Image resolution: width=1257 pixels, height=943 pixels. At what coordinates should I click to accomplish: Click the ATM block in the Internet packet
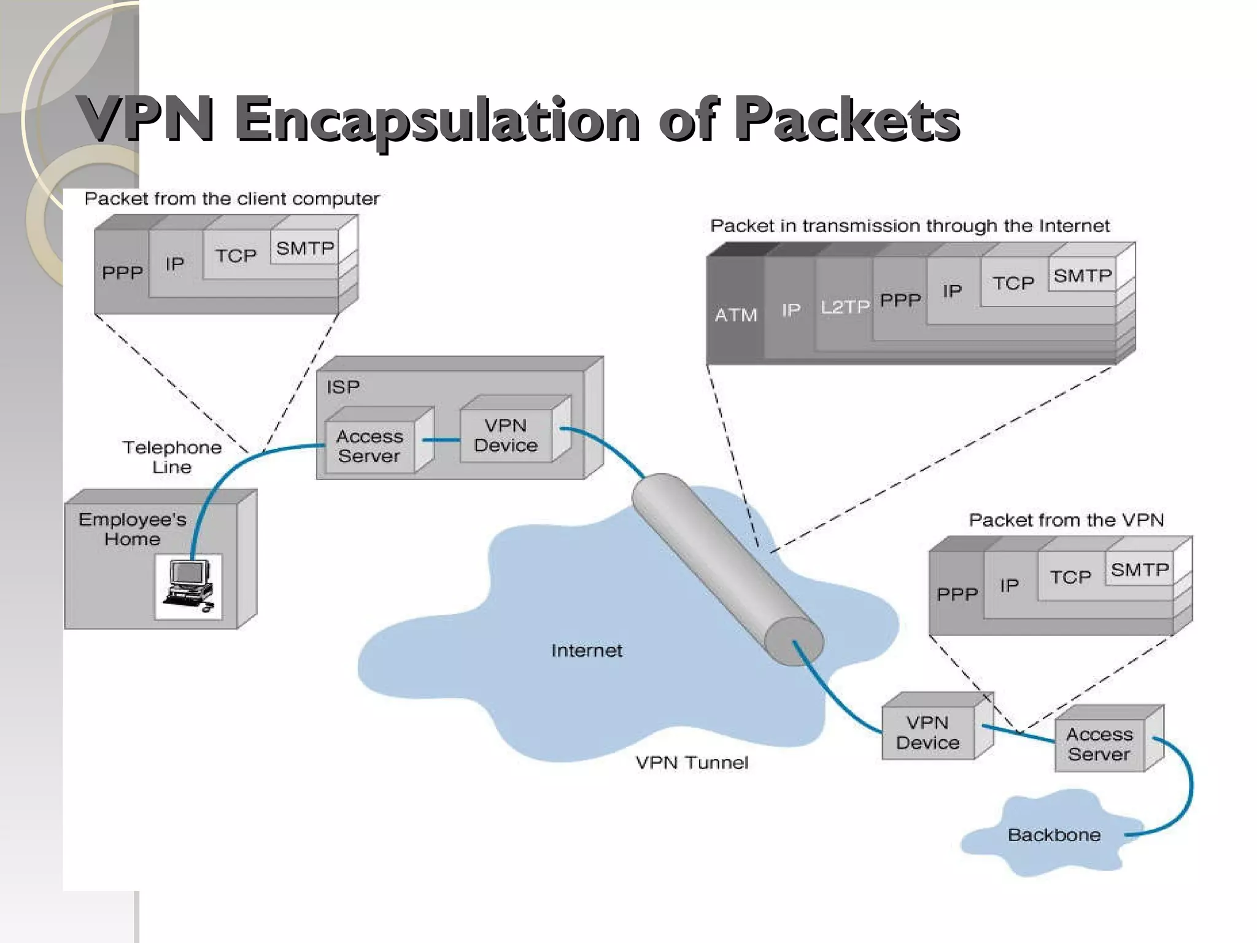point(735,314)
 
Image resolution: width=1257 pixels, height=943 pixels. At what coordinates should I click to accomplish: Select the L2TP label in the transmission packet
point(845,306)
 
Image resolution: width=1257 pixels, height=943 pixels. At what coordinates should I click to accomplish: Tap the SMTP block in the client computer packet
point(304,248)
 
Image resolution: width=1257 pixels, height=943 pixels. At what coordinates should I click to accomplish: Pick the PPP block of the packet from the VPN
point(956,594)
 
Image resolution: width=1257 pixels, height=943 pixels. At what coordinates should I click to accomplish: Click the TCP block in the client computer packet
point(236,255)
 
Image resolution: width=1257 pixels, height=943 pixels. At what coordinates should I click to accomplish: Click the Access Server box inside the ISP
point(369,446)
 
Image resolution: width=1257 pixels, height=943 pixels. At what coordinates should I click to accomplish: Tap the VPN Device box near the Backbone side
point(927,732)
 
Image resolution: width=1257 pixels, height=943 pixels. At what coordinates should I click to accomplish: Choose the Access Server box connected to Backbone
point(1099,744)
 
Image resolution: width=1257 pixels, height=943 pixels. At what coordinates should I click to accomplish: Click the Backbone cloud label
point(1054,835)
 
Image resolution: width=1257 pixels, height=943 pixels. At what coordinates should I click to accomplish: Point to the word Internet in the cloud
point(586,650)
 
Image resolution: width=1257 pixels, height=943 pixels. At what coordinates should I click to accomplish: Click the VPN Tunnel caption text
point(692,763)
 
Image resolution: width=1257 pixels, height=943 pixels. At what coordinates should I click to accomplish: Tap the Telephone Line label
point(172,457)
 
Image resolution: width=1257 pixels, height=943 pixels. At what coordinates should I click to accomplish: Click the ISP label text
point(342,387)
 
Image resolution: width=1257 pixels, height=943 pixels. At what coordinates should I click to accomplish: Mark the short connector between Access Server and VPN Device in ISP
point(441,440)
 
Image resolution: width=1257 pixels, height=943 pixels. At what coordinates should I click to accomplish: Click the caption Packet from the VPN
point(1066,520)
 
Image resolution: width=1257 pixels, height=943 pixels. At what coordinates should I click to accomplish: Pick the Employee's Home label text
point(132,529)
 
